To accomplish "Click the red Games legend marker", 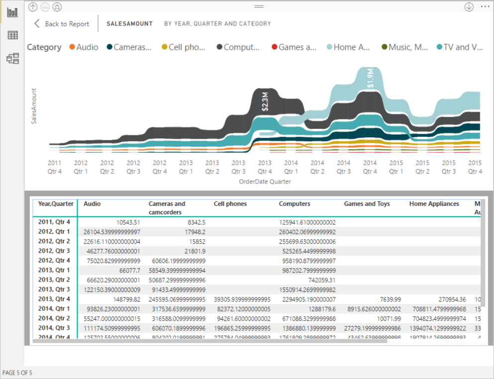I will (x=274, y=47).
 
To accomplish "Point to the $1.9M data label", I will (x=370, y=79).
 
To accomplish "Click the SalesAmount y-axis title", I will (x=34, y=106).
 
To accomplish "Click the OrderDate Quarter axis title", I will (x=265, y=182).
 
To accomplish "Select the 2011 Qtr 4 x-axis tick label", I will (x=55, y=167).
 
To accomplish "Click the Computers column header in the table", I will (x=295, y=204).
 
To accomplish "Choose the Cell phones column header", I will (x=230, y=204).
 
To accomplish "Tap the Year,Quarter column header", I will (x=56, y=204).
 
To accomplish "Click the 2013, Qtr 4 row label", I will (x=54, y=299).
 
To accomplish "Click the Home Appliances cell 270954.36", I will (x=447, y=299).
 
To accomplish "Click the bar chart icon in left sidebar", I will (x=13, y=11).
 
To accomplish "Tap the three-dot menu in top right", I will (x=485, y=6).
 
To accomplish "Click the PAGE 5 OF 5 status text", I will (x=17, y=373).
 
